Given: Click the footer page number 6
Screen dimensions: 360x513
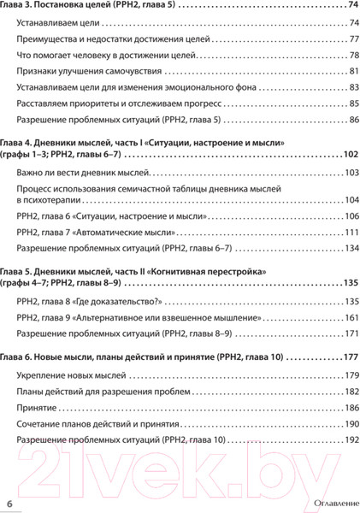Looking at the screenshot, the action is point(9,501).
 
